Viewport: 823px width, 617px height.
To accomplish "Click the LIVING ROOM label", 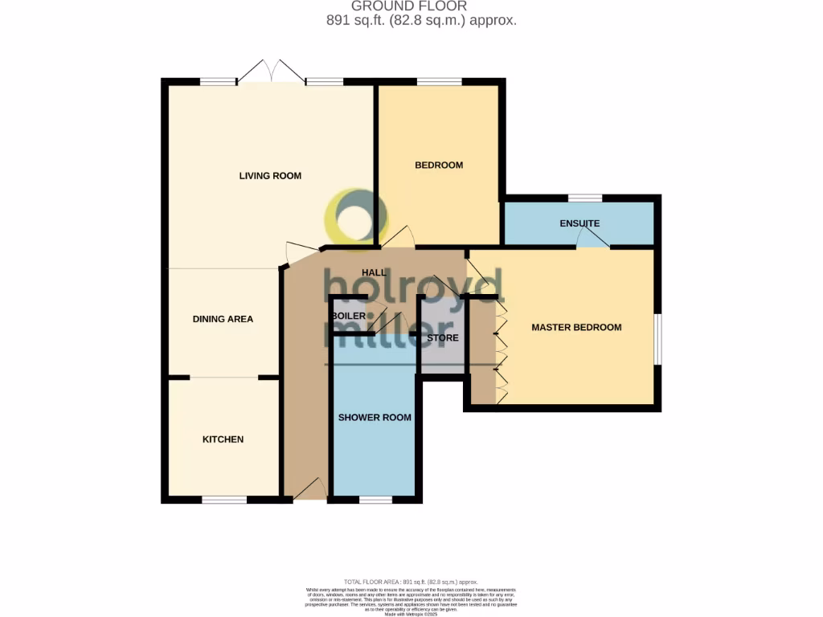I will (270, 175).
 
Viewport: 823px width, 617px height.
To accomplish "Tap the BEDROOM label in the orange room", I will (439, 165).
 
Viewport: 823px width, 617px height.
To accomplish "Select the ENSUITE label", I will (579, 223).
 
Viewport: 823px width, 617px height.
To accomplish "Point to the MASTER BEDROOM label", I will (576, 327).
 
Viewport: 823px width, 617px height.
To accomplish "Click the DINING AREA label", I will (223, 319).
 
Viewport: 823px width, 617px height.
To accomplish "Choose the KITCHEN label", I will (223, 439).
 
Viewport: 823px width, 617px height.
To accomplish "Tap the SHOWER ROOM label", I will (375, 417).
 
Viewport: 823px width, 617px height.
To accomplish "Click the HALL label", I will (375, 273).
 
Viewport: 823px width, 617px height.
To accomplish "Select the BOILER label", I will (348, 316).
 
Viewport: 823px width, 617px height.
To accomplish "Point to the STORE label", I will (442, 338).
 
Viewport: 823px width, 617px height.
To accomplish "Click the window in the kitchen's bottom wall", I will (223, 500).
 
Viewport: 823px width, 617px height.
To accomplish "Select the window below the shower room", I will (375, 500).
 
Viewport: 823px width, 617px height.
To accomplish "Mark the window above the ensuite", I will (585, 198).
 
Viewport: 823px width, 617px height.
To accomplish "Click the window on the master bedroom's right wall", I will (657, 338).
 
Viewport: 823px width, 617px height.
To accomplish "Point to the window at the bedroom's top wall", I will (439, 81).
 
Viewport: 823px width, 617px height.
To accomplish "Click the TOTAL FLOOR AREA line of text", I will (411, 582).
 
